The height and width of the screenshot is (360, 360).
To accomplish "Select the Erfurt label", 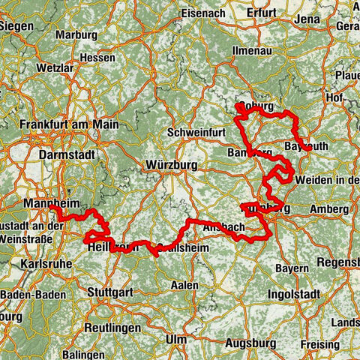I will [261, 12].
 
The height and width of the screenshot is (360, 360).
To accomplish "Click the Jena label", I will [309, 16].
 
